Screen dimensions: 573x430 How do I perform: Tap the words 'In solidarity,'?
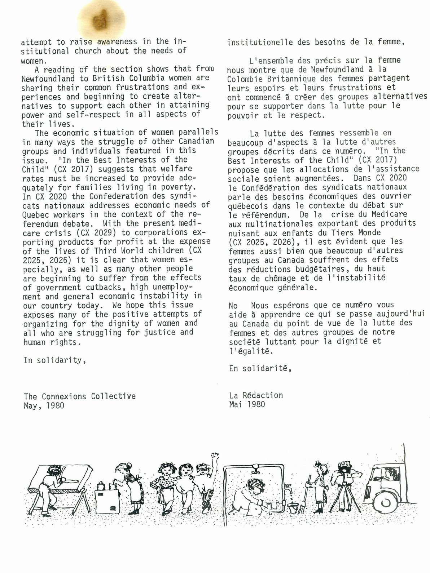click(x=55, y=360)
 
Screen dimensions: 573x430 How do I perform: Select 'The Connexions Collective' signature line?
click(x=80, y=396)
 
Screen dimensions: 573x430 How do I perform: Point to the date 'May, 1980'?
click(x=44, y=405)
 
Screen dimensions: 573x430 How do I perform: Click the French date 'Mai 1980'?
click(x=247, y=404)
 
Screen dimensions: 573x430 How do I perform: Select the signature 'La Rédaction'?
click(x=256, y=395)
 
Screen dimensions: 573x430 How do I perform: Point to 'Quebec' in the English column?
click(x=34, y=214)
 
